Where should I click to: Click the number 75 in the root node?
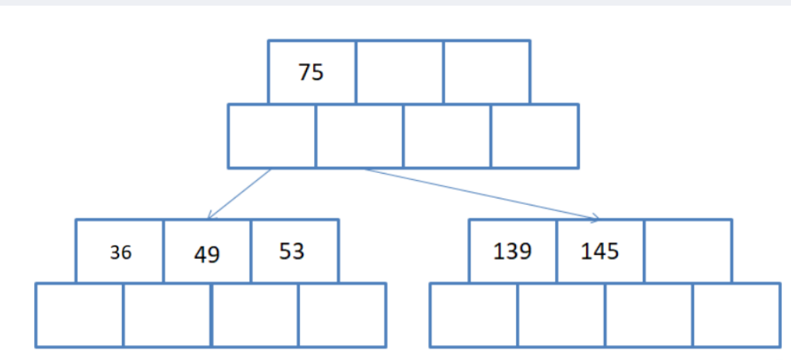[311, 72]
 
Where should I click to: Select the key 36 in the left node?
[120, 252]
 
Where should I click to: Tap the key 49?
[206, 254]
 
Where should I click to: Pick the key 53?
[292, 252]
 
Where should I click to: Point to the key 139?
[512, 252]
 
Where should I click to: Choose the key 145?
[600, 252]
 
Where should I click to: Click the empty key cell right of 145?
[688, 251]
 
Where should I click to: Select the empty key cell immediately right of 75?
[399, 72]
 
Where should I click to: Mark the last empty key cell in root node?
[486, 72]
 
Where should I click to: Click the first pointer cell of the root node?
[271, 136]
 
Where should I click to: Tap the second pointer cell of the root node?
[359, 136]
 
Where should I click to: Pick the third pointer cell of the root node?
[447, 136]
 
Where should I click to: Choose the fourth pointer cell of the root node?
[534, 136]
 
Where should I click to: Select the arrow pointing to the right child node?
[482, 193]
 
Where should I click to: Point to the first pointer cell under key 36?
[79, 315]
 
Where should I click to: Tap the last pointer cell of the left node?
[342, 315]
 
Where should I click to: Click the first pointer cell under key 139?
[473, 315]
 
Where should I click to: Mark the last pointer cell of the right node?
[736, 315]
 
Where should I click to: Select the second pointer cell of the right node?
[561, 315]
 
